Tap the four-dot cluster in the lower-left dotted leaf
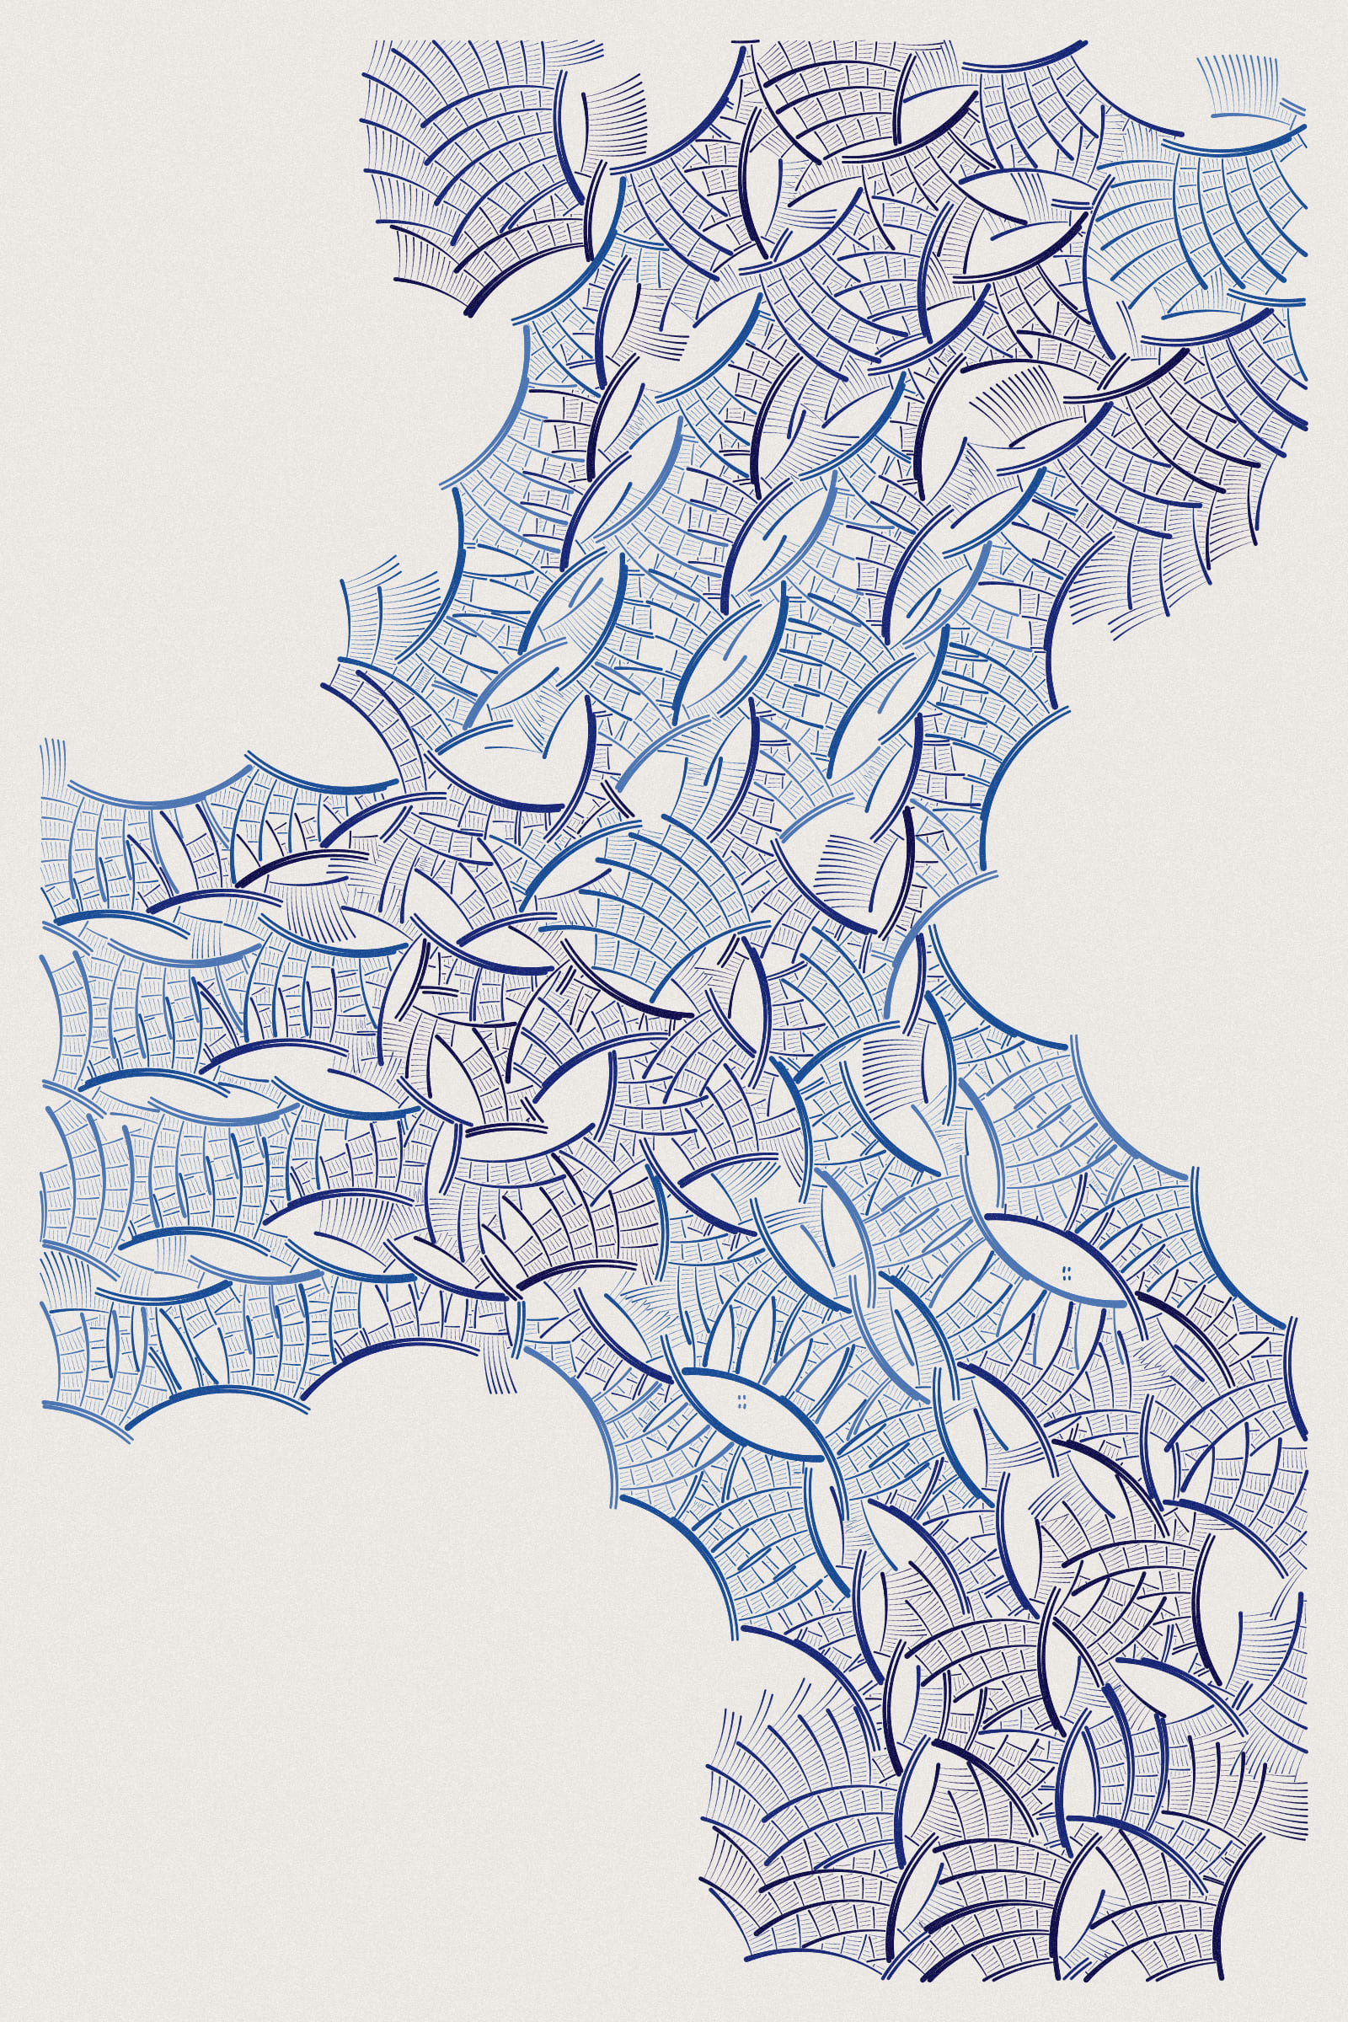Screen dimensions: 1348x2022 pyautogui.click(x=741, y=1402)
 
